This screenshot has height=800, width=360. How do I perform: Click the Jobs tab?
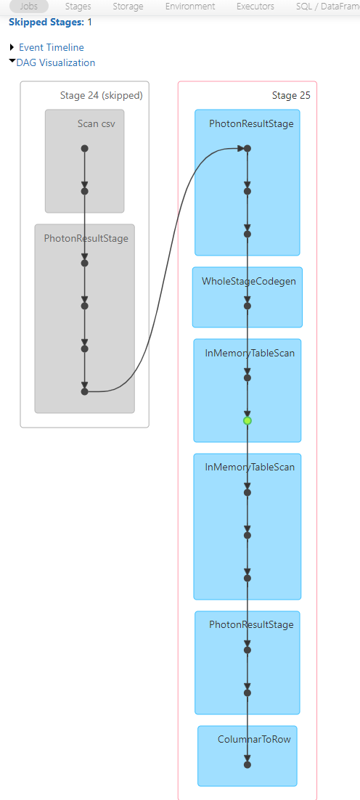pyautogui.click(x=28, y=7)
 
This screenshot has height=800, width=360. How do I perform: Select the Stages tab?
pyautogui.click(x=78, y=7)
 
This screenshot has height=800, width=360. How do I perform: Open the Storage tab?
pyautogui.click(x=128, y=7)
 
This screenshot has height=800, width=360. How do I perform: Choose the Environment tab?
pyautogui.click(x=190, y=7)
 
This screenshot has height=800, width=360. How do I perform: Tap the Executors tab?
pyautogui.click(x=255, y=7)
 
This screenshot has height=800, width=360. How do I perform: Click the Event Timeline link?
pyautogui.click(x=52, y=47)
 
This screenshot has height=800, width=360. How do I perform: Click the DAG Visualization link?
pyautogui.click(x=56, y=62)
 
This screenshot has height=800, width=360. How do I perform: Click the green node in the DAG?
pyautogui.click(x=247, y=421)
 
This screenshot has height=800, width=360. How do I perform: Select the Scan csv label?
pyautogui.click(x=100, y=123)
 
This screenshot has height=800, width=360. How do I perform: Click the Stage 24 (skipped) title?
pyautogui.click(x=102, y=95)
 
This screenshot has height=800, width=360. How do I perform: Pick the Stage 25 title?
pyautogui.click(x=291, y=95)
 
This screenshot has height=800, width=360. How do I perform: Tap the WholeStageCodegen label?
pyautogui.click(x=249, y=281)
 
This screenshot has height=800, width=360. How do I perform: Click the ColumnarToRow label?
pyautogui.click(x=255, y=739)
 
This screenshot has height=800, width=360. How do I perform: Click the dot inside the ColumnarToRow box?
pyautogui.click(x=247, y=765)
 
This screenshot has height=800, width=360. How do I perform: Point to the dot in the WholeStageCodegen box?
pyautogui.click(x=247, y=306)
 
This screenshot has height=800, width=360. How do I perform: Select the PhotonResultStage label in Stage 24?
pyautogui.click(x=86, y=238)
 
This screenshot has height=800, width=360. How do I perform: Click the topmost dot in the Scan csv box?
pyautogui.click(x=85, y=149)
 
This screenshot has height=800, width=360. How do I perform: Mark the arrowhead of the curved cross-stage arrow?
pyautogui.click(x=240, y=149)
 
